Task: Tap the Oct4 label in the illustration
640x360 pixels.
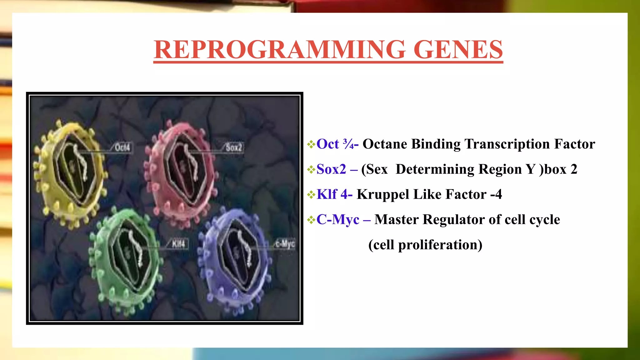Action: tap(122, 147)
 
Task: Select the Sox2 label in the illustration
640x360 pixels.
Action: tap(234, 147)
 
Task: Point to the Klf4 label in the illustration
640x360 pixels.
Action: tap(178, 244)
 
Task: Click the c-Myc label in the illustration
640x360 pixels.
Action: tap(285, 243)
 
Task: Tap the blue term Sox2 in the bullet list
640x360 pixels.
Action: tap(331, 169)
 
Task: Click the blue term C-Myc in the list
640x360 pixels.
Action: tap(338, 219)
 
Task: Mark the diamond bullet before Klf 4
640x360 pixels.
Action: tap(311, 195)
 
